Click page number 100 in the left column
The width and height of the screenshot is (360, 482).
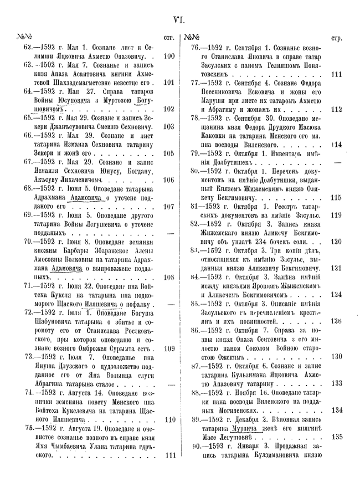point(169,56)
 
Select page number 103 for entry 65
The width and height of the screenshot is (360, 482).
point(169,126)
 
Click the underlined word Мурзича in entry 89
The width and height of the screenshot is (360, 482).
point(249,428)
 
